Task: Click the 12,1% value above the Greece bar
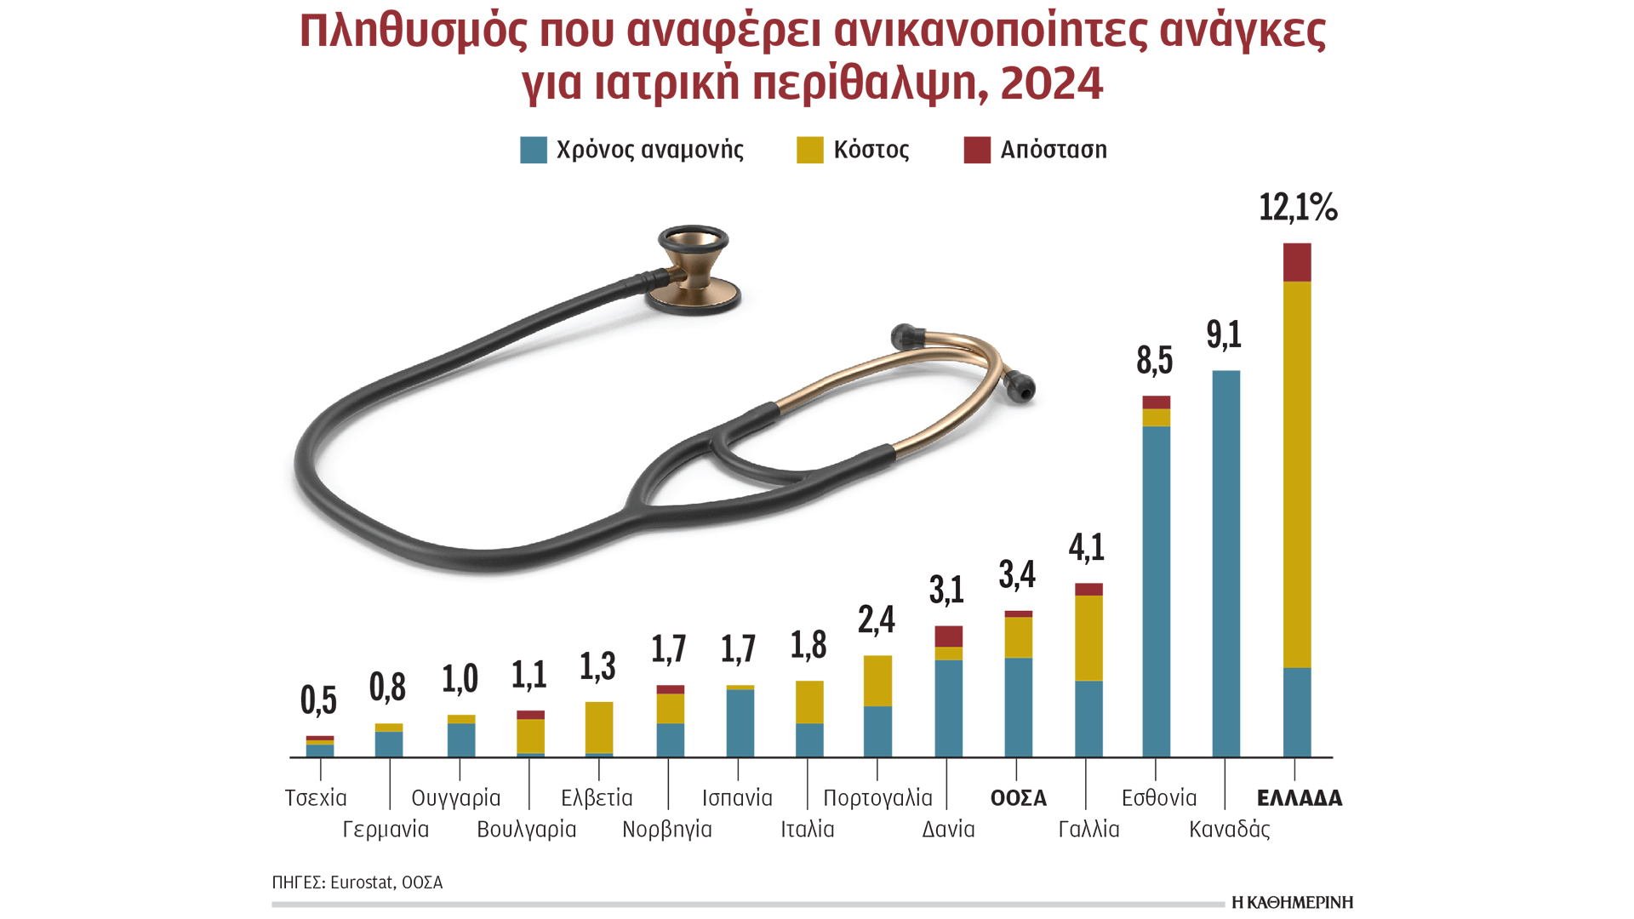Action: [x=1297, y=207]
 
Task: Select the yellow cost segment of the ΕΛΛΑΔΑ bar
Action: [x=1297, y=474]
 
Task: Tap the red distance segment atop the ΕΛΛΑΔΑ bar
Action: [x=1297, y=262]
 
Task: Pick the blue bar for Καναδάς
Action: [x=1225, y=563]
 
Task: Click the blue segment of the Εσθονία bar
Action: [x=1156, y=591]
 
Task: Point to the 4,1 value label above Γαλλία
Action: [x=1087, y=547]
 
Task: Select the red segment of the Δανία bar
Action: [x=948, y=636]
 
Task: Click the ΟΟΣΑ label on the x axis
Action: [x=1018, y=798]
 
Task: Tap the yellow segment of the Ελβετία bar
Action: [x=599, y=728]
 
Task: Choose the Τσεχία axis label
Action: [x=316, y=798]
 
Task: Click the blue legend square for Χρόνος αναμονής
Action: [x=534, y=150]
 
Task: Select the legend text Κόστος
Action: [x=871, y=150]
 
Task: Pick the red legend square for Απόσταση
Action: [x=977, y=150]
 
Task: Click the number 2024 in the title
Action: [x=1051, y=83]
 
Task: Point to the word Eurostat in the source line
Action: [x=362, y=882]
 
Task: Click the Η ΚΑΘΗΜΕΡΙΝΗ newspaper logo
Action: [x=1292, y=902]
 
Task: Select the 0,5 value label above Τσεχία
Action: [x=319, y=700]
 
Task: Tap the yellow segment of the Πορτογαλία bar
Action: [x=877, y=681]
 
